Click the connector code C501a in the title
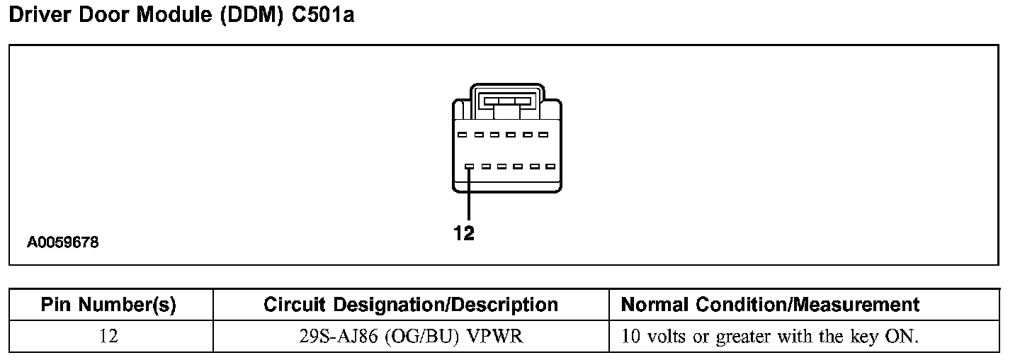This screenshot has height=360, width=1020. click(x=322, y=16)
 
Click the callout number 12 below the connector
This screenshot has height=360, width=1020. click(x=464, y=234)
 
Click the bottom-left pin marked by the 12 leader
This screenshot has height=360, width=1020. click(x=469, y=167)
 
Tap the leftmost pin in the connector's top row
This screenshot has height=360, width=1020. click(x=461, y=134)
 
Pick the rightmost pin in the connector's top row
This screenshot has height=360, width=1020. click(x=543, y=134)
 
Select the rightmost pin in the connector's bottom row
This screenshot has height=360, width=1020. click(x=550, y=167)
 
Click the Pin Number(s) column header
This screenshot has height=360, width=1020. click(x=108, y=305)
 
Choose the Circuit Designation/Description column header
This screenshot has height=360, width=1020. click(x=411, y=305)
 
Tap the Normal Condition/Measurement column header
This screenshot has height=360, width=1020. click(x=770, y=305)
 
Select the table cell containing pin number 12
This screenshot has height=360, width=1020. click(x=108, y=336)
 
